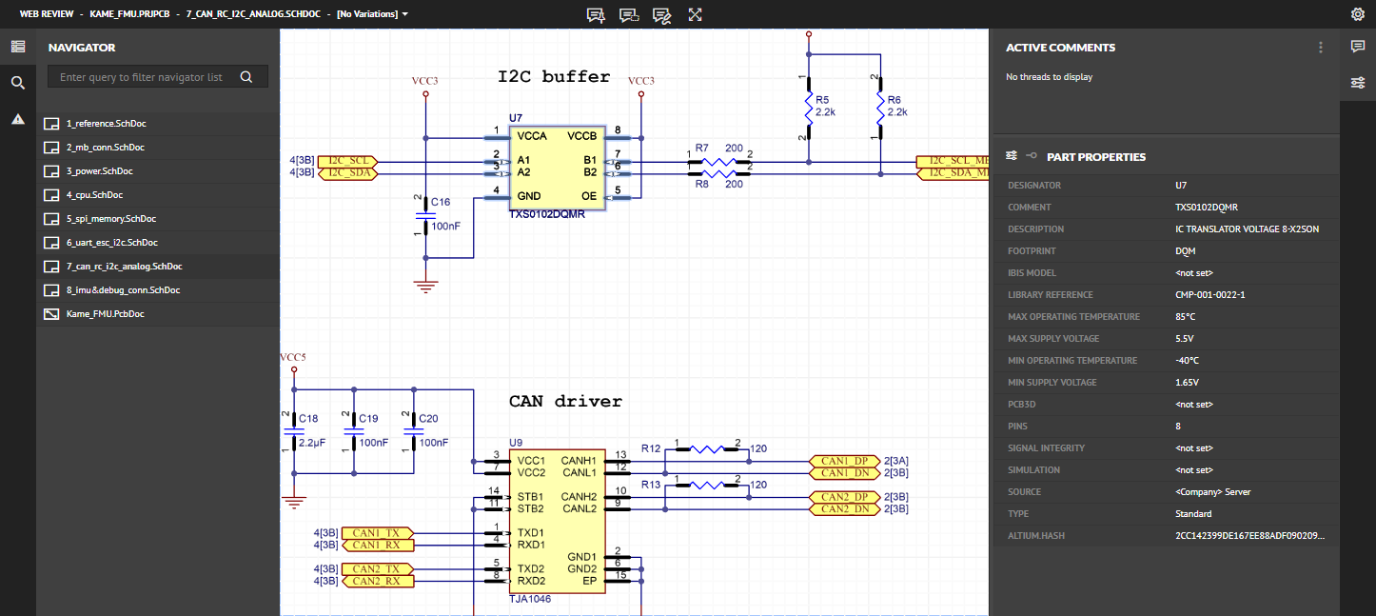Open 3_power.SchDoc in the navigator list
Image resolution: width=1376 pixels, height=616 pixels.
pos(99,171)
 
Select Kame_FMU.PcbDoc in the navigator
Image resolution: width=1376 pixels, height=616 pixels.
pos(105,314)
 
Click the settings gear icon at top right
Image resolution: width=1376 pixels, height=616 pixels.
pos(1358,14)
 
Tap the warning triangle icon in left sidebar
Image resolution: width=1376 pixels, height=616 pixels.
pos(17,119)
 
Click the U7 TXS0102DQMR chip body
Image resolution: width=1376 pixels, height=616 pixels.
pos(557,167)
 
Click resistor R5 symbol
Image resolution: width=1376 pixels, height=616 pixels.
pos(809,108)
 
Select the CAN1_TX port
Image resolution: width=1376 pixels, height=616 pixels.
pos(377,532)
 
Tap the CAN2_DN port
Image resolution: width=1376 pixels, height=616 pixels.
pos(844,509)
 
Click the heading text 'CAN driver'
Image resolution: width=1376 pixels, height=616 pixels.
pos(565,402)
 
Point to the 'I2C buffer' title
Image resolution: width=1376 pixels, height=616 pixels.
pos(554,77)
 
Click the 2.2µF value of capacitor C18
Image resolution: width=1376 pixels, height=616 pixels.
pos(312,443)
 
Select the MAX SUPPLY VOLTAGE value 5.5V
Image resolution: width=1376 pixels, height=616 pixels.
pos(1186,339)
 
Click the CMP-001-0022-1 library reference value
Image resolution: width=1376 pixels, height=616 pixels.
pos(1209,295)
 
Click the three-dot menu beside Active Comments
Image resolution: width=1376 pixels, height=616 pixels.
pos(1320,48)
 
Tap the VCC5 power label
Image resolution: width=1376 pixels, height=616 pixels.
pos(293,357)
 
